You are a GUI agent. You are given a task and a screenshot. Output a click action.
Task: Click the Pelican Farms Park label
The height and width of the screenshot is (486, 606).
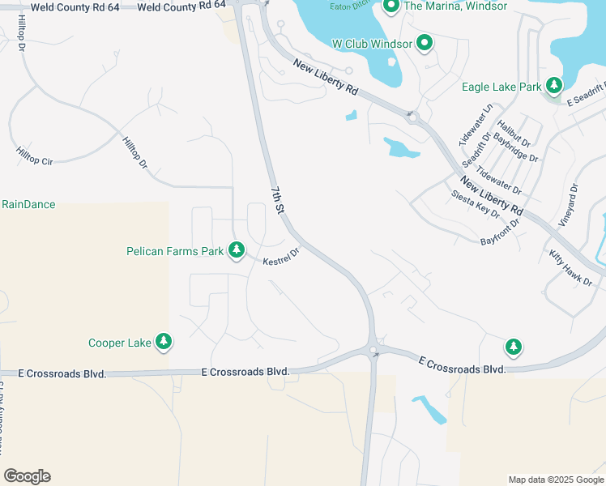pos(175,251)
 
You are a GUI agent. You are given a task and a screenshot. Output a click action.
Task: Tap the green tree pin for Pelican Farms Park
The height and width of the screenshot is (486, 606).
pos(237,250)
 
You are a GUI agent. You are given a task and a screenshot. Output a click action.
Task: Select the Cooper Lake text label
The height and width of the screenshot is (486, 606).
pos(120,343)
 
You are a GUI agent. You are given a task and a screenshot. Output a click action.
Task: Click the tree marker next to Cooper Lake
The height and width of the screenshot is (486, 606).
pos(164,342)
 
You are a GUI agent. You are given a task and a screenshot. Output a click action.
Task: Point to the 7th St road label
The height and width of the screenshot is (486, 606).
pos(278,199)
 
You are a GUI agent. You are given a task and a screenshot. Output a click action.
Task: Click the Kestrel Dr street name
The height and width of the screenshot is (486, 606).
pos(281,257)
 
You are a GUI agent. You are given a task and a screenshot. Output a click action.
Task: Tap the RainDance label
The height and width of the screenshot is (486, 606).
pos(28,204)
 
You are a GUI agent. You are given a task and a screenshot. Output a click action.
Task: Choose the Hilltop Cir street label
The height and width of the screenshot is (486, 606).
pos(34,156)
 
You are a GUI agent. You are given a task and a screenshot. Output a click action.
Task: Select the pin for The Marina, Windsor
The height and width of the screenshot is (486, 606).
pos(390,7)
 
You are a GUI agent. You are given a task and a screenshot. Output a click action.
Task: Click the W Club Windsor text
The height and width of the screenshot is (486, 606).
pos(372,44)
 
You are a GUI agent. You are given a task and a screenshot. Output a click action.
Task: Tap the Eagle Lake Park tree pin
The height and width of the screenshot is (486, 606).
pos(554,85)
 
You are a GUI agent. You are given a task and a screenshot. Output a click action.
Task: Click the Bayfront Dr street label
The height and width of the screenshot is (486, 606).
pos(499,234)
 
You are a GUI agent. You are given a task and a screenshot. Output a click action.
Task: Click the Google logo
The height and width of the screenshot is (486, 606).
pos(27,476)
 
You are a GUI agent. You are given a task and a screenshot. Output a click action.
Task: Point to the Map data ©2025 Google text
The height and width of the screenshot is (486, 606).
pos(556,480)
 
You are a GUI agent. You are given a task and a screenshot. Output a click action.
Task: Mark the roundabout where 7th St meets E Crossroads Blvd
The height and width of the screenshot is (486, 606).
pos(373,351)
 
